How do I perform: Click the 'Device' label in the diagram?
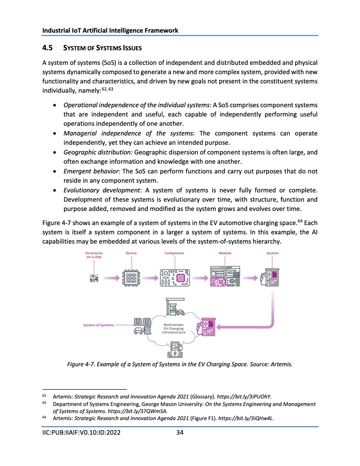coord(131,253)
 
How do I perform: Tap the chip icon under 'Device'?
coord(131,278)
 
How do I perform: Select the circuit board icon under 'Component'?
coord(174,278)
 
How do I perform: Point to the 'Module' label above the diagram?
coord(225,253)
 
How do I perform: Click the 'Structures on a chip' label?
coord(94,255)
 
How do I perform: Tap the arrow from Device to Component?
coord(150,278)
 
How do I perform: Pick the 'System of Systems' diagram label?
coord(98,325)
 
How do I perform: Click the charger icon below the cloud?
coord(175,352)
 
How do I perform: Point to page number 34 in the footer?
coord(180,432)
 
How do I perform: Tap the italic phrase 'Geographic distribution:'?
coord(98,152)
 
